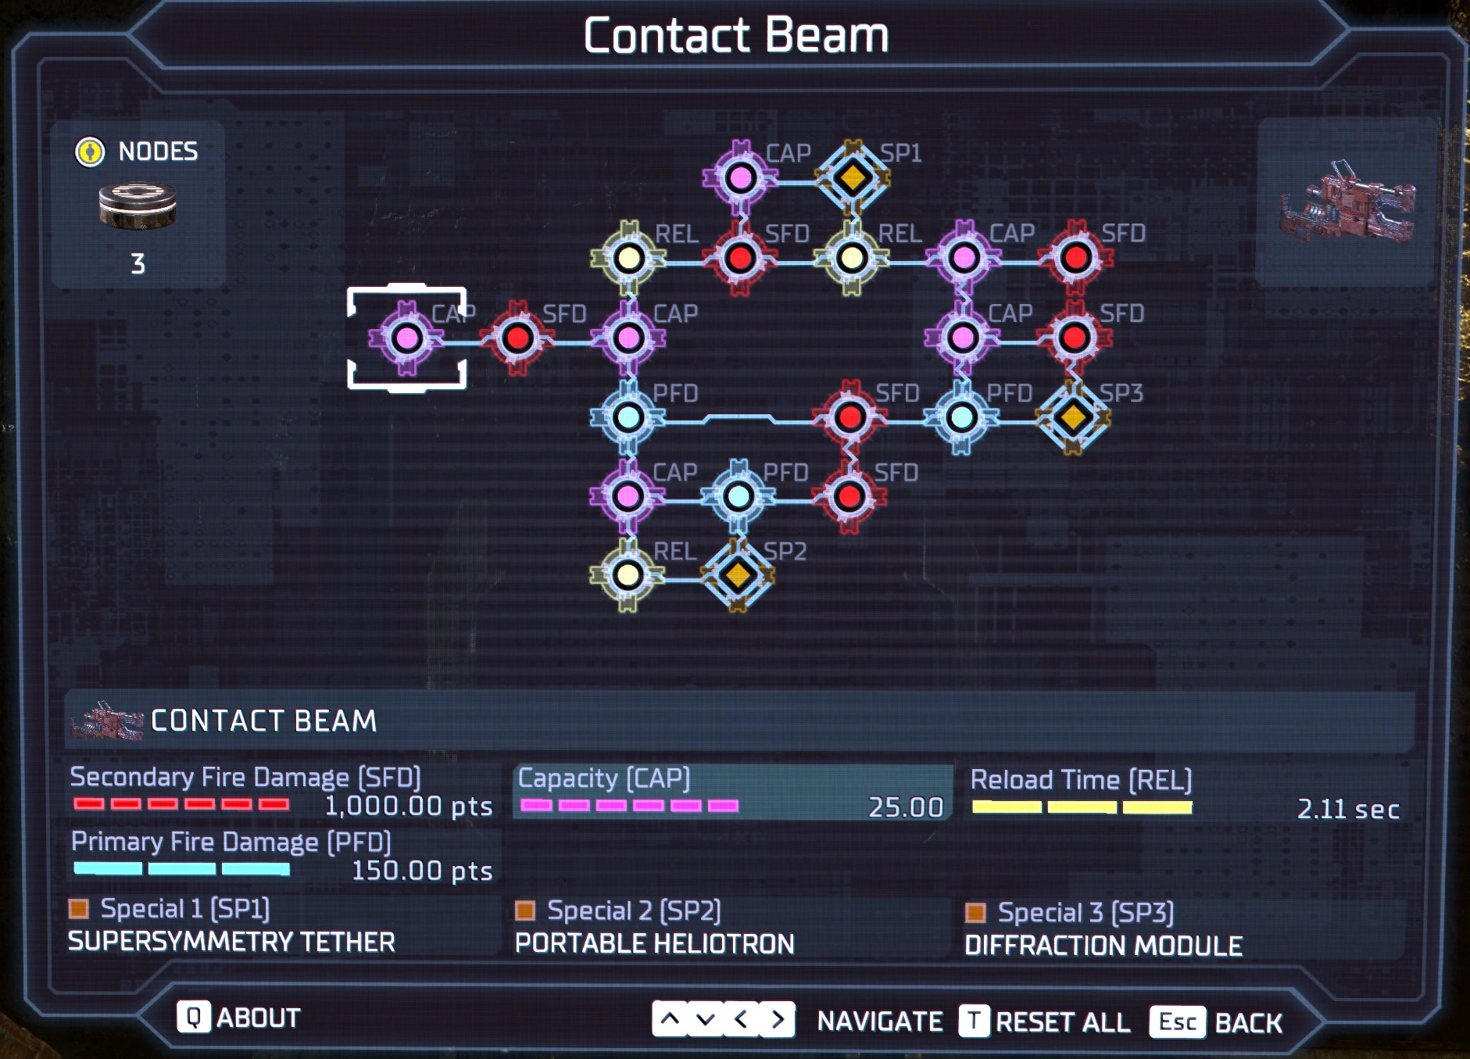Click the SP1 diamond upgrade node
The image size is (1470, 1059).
coord(852,178)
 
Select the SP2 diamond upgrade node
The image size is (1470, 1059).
coord(738,576)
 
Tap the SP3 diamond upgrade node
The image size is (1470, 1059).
coord(1073,417)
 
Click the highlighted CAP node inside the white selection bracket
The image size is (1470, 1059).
coord(406,338)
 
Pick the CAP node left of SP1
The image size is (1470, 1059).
coord(740,178)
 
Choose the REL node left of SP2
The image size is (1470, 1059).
coord(628,576)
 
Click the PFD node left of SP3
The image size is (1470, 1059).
coord(961,417)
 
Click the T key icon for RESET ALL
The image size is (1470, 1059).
coord(974,1021)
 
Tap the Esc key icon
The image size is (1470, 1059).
coord(1177,1021)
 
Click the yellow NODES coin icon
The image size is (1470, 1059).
coord(90,151)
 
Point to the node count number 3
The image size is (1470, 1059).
coord(138,264)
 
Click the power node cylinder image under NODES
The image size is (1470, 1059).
coord(138,206)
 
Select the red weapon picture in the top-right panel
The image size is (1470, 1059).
coord(1347,202)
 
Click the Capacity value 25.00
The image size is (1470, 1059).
coord(905,807)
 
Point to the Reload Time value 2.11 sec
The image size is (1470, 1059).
coord(1347,809)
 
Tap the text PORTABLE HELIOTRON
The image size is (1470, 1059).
coord(654,944)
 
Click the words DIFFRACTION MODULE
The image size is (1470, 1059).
coord(1103,946)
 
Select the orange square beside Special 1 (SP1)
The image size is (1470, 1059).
coord(79,908)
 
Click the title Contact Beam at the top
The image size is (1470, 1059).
coord(735,36)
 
